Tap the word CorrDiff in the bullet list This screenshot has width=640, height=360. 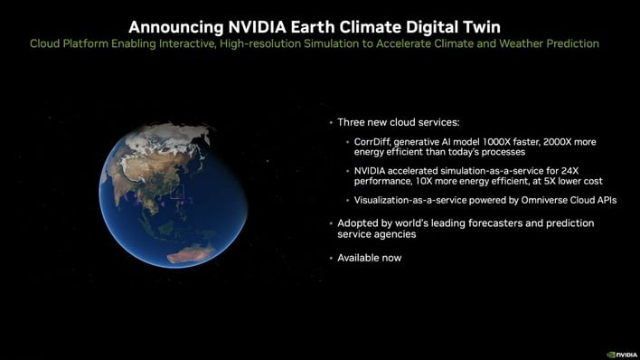pyautogui.click(x=364, y=141)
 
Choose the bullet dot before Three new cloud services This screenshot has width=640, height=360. pyautogui.click(x=330, y=121)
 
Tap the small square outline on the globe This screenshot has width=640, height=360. pyautogui.click(x=176, y=192)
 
